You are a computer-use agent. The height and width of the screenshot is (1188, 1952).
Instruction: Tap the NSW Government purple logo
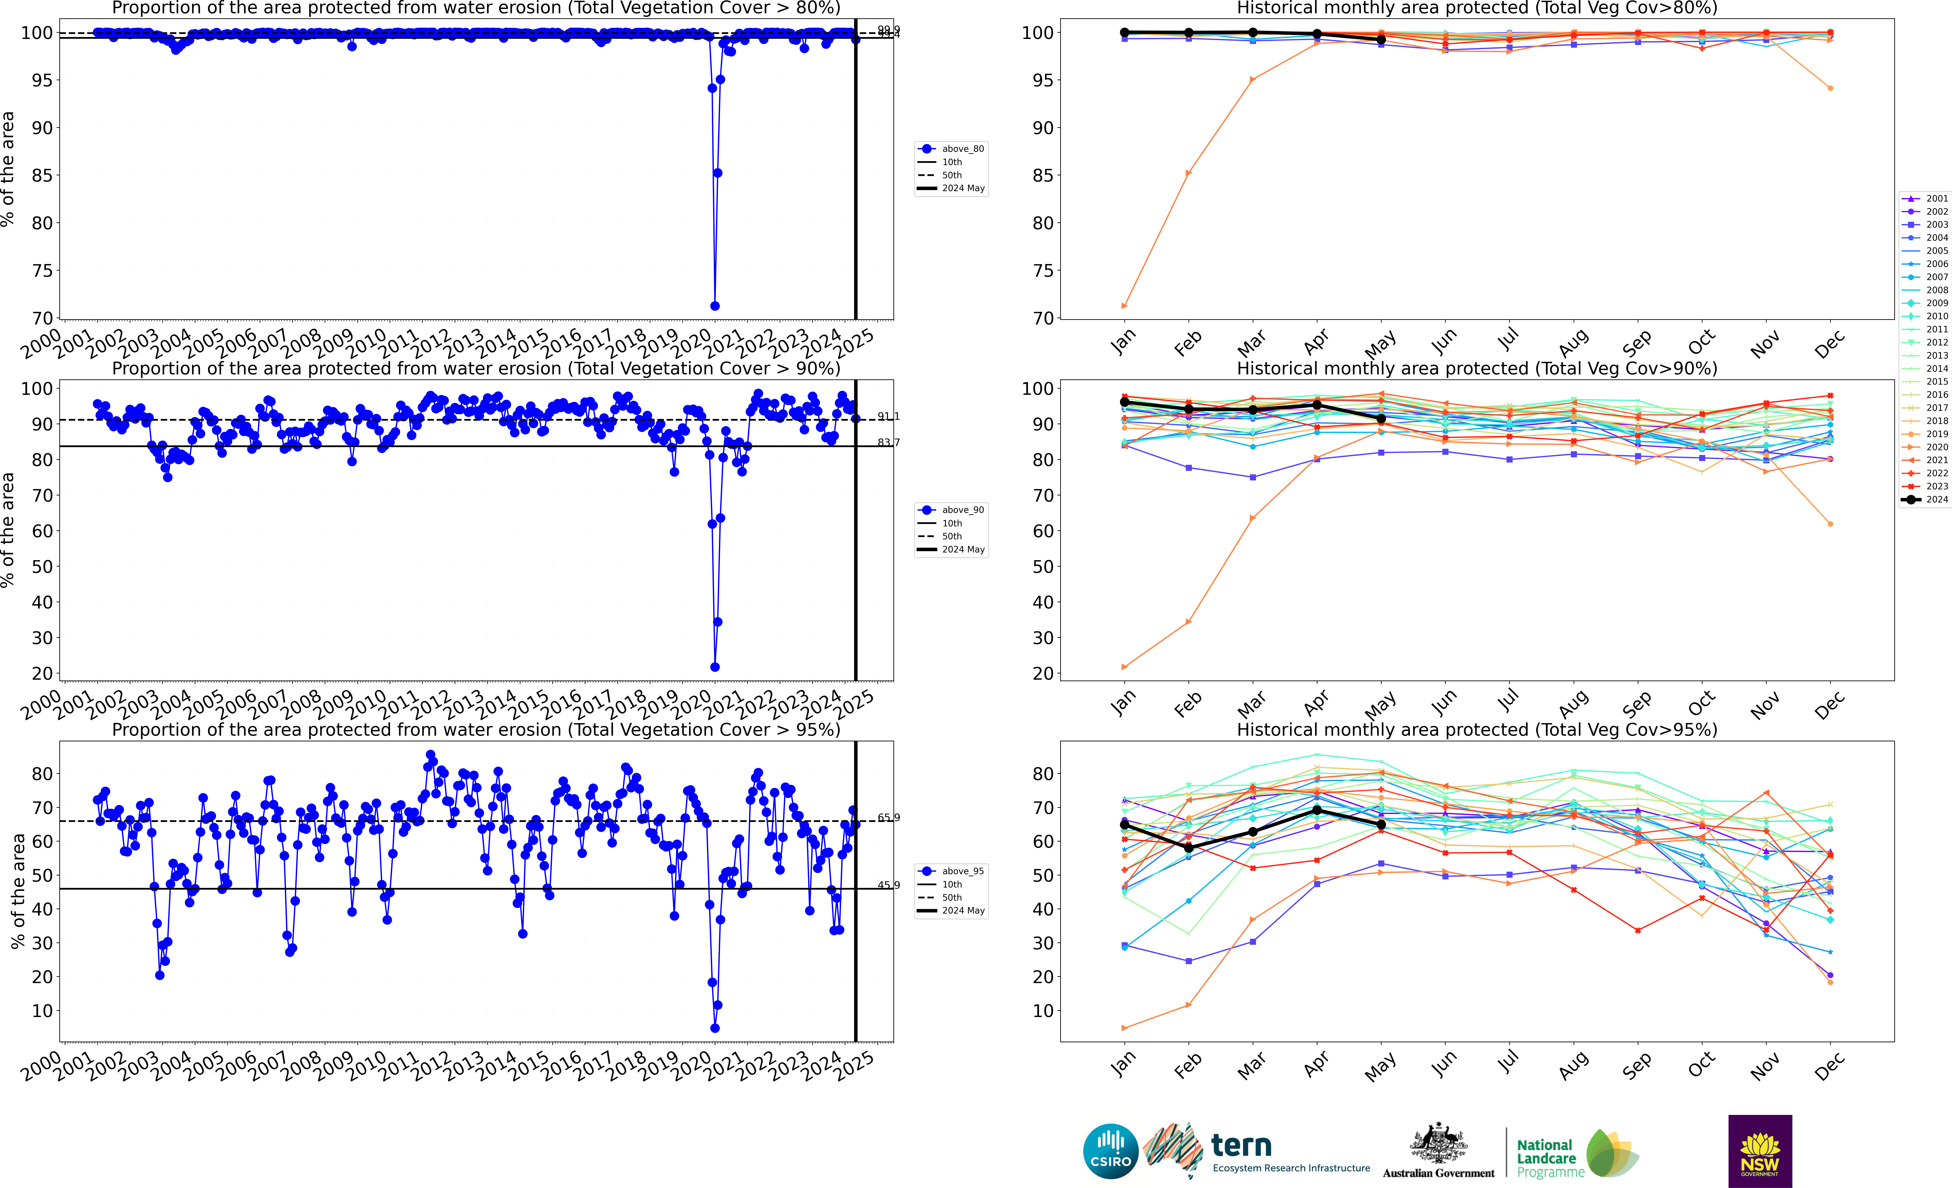pyautogui.click(x=1760, y=1151)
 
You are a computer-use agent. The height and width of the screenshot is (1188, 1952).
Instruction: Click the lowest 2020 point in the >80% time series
pyautogui.click(x=715, y=306)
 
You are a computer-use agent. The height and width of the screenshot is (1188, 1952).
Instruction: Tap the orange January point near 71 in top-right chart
pyautogui.click(x=1124, y=306)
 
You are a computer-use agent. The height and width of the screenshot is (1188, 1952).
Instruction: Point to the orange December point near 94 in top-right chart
pyautogui.click(x=1830, y=88)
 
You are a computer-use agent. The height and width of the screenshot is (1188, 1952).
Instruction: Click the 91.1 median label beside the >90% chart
pyautogui.click(x=888, y=417)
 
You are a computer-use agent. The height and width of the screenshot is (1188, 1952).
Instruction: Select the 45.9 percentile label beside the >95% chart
pyautogui.click(x=888, y=885)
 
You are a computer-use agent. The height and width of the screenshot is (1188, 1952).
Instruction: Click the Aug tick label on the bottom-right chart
pyautogui.click(x=1573, y=1066)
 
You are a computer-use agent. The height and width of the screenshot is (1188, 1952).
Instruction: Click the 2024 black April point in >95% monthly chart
pyautogui.click(x=1317, y=810)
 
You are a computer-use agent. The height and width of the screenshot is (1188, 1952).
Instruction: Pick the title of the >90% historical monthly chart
pyautogui.click(x=1477, y=368)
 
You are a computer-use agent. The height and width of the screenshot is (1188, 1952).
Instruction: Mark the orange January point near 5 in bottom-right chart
pyautogui.click(x=1124, y=1028)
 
